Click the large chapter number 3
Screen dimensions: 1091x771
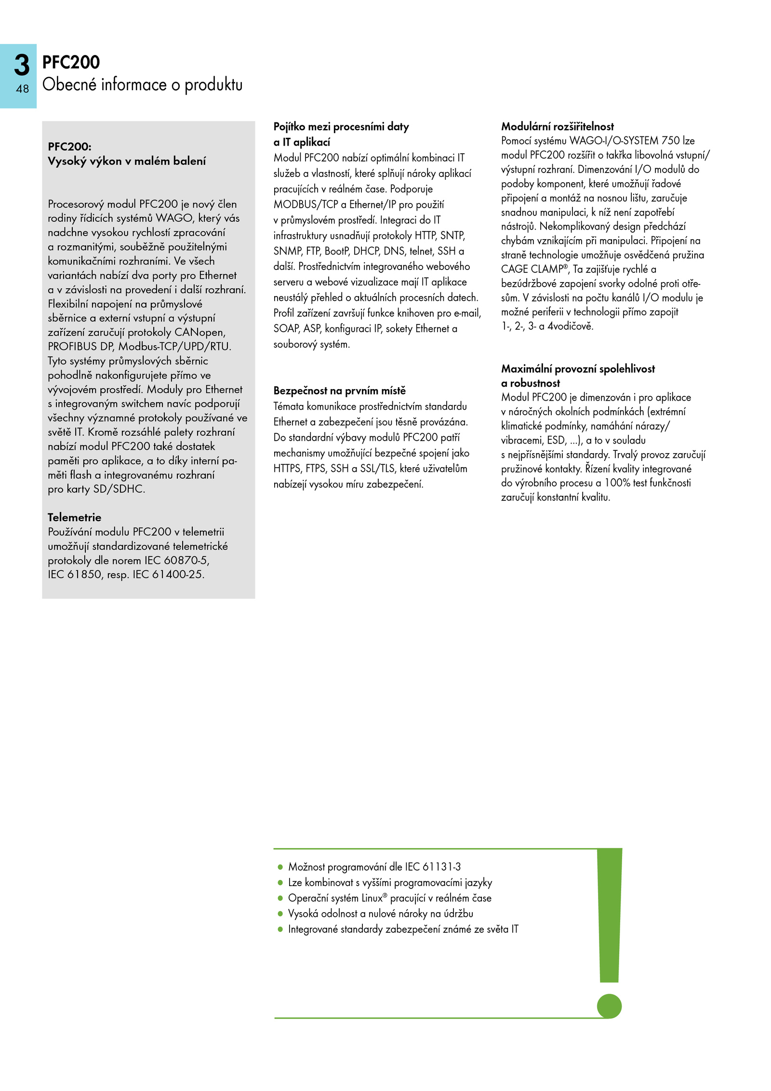pyautogui.click(x=22, y=65)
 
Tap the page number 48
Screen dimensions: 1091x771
pyautogui.click(x=22, y=89)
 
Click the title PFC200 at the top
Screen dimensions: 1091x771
pyautogui.click(x=71, y=62)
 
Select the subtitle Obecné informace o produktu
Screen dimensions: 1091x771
pyautogui.click(x=142, y=85)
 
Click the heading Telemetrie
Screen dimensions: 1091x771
pyautogui.click(x=74, y=517)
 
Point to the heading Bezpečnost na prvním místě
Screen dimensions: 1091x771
pyautogui.click(x=339, y=391)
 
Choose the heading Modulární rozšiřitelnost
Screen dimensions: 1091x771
pyautogui.click(x=557, y=127)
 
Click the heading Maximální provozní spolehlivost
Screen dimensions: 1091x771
pyautogui.click(x=578, y=369)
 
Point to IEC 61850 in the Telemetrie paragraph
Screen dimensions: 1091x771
pyautogui.click(x=74, y=574)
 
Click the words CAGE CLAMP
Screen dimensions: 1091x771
pyautogui.click(x=532, y=269)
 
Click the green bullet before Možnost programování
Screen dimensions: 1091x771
pyautogui.click(x=280, y=867)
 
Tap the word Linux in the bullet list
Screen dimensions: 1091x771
pyautogui.click(x=372, y=898)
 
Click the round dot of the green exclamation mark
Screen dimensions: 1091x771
pyautogui.click(x=609, y=1006)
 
